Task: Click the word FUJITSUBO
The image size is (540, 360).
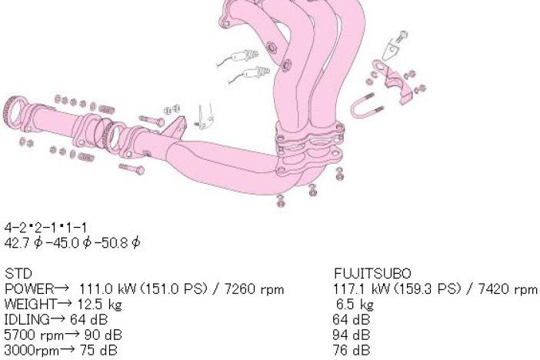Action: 372,274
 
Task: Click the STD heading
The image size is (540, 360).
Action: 18,274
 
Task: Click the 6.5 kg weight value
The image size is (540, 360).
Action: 355,305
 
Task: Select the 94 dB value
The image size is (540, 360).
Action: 352,335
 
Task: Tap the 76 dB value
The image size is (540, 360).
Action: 352,350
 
